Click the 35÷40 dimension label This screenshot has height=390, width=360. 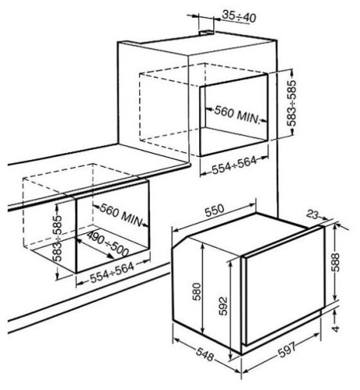point(239,16)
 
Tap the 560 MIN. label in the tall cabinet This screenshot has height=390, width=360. point(237,115)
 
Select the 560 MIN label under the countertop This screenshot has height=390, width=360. point(121,215)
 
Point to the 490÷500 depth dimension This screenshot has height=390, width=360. point(108,244)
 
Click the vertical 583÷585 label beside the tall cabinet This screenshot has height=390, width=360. point(293,103)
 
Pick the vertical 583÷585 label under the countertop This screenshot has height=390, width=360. point(58,238)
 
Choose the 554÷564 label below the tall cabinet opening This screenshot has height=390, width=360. point(234,165)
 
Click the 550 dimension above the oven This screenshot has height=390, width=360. point(215,211)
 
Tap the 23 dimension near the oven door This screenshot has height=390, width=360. point(312,214)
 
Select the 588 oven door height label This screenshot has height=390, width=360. point(336,262)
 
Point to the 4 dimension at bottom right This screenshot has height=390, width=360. point(336,328)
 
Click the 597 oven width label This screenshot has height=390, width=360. point(287,349)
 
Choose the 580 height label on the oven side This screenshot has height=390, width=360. point(197,292)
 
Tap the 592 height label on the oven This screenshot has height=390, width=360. point(223,306)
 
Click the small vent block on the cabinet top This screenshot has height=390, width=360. point(207,33)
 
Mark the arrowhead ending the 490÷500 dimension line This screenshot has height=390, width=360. point(111,257)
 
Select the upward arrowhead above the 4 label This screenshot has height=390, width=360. point(336,311)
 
